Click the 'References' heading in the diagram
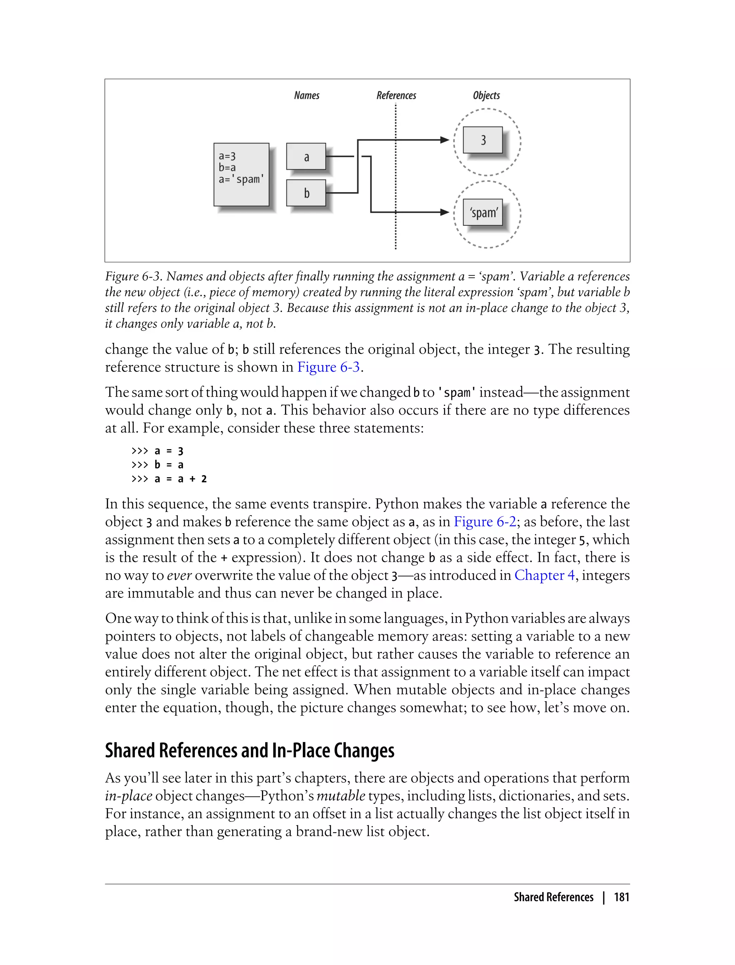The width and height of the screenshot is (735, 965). point(396,95)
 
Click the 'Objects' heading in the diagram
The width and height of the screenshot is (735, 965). point(486,95)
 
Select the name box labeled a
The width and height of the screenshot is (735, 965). point(306,156)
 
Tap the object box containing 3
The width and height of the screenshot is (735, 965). point(483,140)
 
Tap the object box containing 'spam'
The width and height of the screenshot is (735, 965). point(483,212)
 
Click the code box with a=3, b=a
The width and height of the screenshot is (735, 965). point(241,174)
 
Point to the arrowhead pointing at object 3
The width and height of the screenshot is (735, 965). point(445,140)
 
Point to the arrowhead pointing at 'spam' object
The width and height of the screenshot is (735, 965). point(445,212)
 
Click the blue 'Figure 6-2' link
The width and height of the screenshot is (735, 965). point(485,522)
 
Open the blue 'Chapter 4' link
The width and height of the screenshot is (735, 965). point(544,575)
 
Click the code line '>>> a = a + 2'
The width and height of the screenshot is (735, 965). point(169,479)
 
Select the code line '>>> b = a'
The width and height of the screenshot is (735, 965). point(158,465)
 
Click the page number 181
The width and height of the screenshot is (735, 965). point(621,897)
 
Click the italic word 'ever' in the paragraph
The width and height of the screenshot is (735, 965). point(179,575)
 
